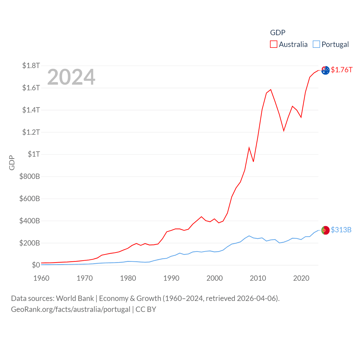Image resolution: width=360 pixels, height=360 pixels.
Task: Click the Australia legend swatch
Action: pyautogui.click(x=274, y=44)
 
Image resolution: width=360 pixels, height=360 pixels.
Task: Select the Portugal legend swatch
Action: pyautogui.click(x=316, y=44)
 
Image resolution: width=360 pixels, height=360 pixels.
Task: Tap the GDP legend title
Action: pyautogui.click(x=278, y=33)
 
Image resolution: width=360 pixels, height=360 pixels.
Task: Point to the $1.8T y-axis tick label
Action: pyautogui.click(x=31, y=66)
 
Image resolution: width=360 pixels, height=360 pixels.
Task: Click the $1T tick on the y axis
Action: pyautogui.click(x=34, y=154)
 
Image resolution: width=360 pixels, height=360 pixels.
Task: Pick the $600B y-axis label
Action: pyautogui.click(x=30, y=199)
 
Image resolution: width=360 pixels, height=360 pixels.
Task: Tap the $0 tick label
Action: pyautogui.click(x=36, y=265)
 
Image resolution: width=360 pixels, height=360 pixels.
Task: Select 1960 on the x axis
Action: pyautogui.click(x=41, y=278)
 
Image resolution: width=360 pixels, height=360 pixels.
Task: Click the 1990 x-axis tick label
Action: pyautogui.click(x=171, y=278)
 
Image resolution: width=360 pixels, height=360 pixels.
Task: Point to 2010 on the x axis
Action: pyautogui.click(x=258, y=278)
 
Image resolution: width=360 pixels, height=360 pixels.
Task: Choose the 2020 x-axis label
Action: pyautogui.click(x=301, y=278)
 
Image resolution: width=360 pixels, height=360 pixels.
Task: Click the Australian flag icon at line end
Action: pyautogui.click(x=325, y=70)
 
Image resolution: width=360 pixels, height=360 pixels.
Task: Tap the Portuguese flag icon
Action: pyautogui.click(x=325, y=230)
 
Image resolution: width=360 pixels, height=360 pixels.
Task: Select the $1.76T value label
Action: pyautogui.click(x=341, y=70)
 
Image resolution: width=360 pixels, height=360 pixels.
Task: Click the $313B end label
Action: pyautogui.click(x=341, y=230)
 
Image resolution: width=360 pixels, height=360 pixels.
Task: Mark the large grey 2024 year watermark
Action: pyautogui.click(x=71, y=77)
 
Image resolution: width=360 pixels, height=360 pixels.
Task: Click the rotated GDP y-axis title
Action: pyautogui.click(x=12, y=163)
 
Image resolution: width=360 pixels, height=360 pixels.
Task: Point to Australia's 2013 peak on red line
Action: pyautogui.click(x=271, y=90)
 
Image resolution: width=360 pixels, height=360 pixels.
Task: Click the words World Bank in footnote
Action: pyautogui.click(x=75, y=298)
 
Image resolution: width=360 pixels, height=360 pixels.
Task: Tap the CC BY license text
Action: pyautogui.click(x=146, y=309)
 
